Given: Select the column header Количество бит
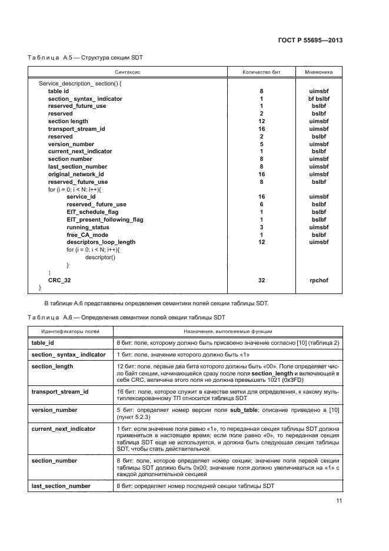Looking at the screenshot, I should coord(261,72).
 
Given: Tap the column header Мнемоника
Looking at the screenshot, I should coord(318,72).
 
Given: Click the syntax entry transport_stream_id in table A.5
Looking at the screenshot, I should coord(77,128).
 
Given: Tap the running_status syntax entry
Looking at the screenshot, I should coord(88,227).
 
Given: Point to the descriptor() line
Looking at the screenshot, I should coord(101,258).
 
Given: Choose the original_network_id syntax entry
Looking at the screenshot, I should coord(76,174).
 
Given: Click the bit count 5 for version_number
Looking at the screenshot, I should coord(261,144).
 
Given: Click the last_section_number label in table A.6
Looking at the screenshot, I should coord(61,486).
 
